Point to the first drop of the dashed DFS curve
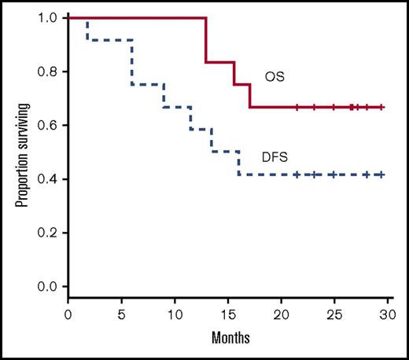point(87,31)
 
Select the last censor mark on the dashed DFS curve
point(381,174)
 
